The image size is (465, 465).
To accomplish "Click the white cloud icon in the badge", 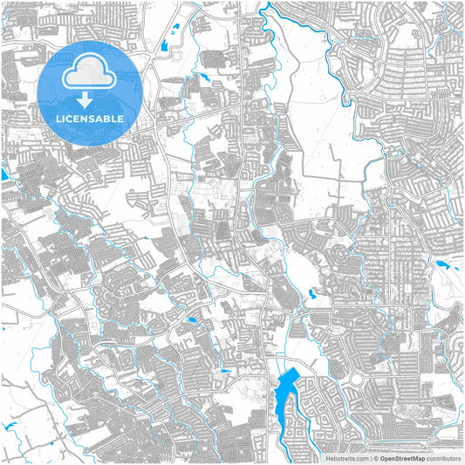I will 90,71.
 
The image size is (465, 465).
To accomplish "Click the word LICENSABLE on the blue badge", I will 90,118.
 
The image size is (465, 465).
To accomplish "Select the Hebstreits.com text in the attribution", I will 345,457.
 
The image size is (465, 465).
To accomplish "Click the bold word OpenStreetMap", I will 400,457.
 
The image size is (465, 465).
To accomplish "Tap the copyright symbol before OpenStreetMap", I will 375,457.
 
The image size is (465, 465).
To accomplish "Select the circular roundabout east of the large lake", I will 356,380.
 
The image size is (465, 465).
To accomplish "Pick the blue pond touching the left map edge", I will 3,174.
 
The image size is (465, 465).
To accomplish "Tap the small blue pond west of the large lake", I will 225,373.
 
